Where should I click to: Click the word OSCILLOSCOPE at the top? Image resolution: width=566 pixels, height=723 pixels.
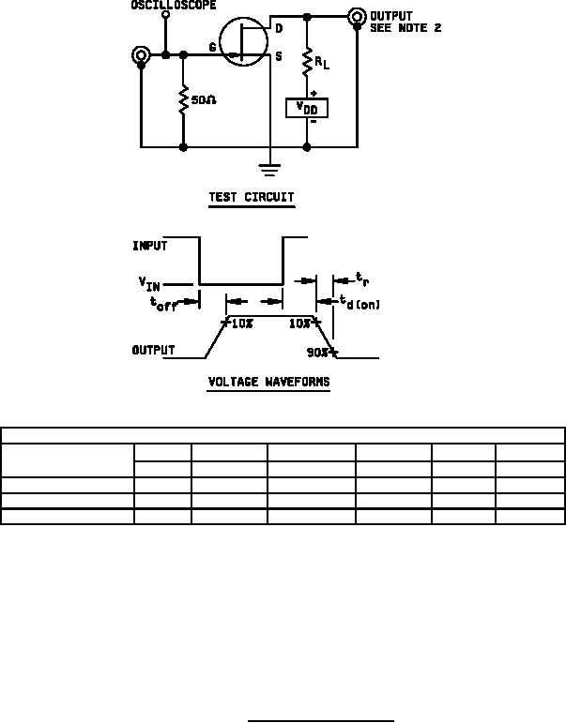tap(174, 6)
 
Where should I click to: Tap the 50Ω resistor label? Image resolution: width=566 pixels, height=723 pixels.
tap(204, 99)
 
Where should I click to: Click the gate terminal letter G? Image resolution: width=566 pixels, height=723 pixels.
tap(212, 47)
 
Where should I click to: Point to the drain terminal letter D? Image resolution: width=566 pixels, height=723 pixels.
tap(279, 29)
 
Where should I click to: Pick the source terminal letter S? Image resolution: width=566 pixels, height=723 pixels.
tap(279, 56)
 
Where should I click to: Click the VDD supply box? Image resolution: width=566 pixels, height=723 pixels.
tap(307, 107)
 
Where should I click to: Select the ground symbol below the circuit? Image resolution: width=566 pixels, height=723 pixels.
tap(270, 170)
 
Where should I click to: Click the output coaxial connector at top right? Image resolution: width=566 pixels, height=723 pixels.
tap(357, 17)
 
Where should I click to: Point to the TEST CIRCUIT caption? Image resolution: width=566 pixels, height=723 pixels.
tap(251, 198)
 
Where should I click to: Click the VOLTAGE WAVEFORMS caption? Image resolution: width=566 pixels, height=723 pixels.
tap(268, 383)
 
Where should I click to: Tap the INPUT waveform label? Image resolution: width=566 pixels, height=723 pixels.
tap(150, 247)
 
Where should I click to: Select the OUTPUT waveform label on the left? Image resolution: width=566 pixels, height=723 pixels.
tap(153, 351)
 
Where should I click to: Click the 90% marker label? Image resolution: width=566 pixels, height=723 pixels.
tap(317, 353)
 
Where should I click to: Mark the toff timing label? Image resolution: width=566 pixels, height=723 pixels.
tap(163, 302)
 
